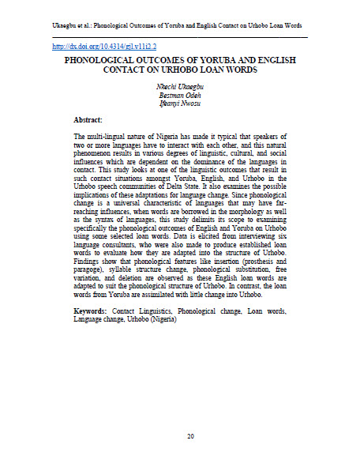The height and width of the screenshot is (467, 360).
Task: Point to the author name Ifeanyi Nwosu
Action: coord(180,105)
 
